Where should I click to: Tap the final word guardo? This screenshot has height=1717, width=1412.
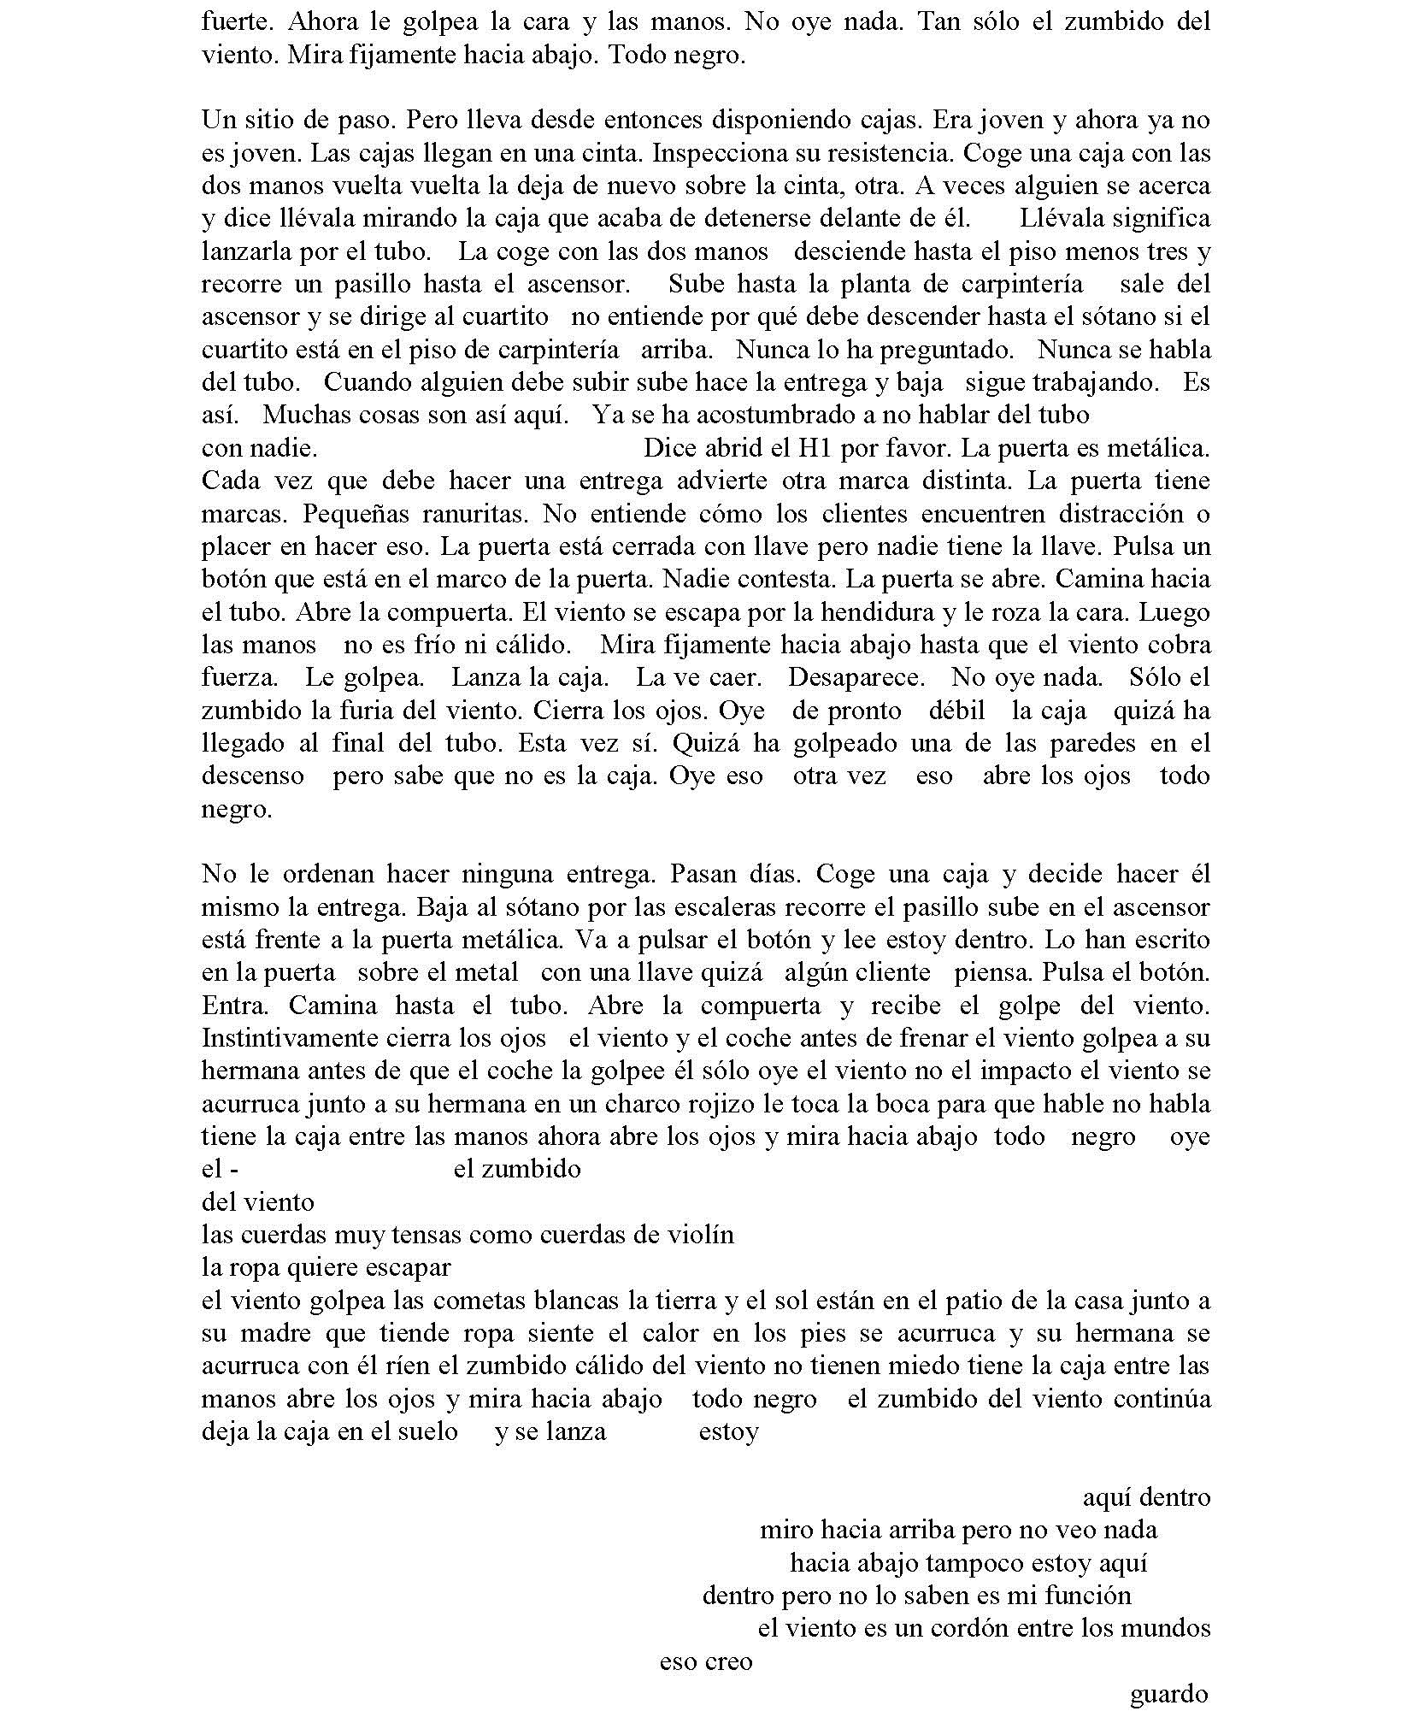[1169, 1694]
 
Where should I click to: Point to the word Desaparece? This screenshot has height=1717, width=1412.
[856, 678]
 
